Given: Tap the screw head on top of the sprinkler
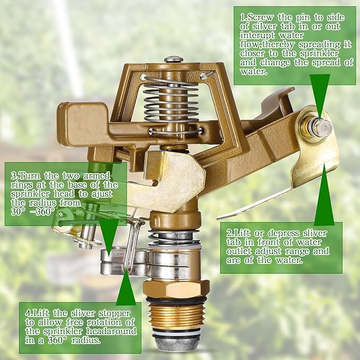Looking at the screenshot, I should click(x=173, y=59).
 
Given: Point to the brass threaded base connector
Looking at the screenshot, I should click(x=176, y=314).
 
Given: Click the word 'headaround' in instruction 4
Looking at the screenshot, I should click(x=112, y=330).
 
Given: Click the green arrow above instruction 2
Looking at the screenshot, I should click(x=324, y=196).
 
